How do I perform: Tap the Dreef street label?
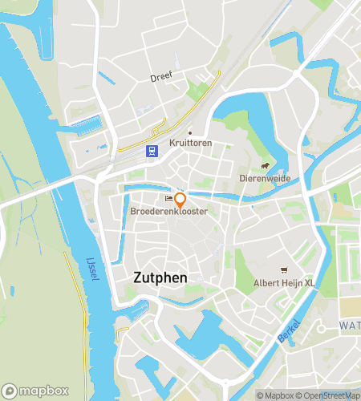tap(161, 77)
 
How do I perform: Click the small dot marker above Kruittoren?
tap(189, 132)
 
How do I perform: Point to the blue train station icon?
tap(151, 150)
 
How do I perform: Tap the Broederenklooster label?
tap(168, 211)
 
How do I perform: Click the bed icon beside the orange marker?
tap(168, 198)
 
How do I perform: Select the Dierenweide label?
tap(264, 178)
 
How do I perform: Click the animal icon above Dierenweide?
tap(264, 166)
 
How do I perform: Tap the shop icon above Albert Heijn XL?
tap(282, 270)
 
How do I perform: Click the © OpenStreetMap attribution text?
tap(329, 395)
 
